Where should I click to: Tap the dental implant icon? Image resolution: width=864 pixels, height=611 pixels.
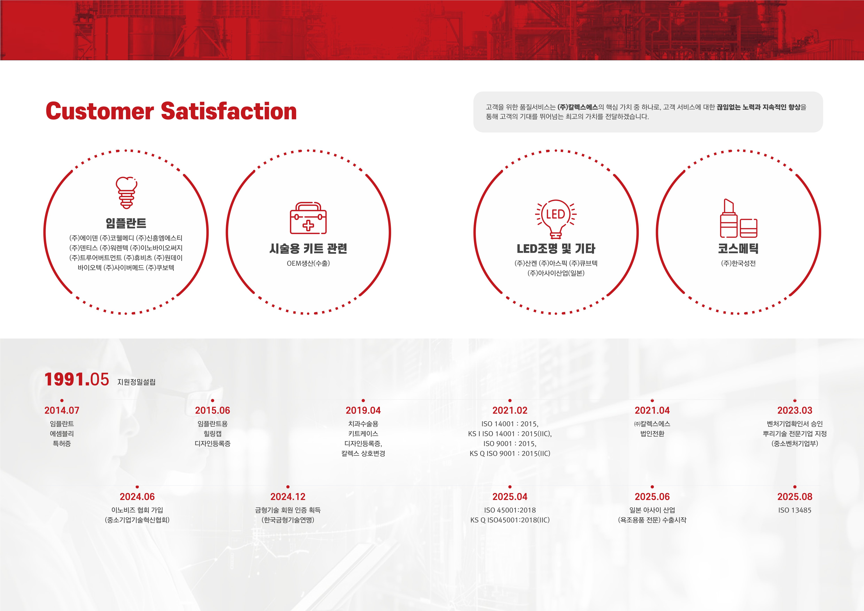[x=126, y=192]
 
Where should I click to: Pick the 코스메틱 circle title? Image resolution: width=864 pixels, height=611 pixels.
[x=738, y=248]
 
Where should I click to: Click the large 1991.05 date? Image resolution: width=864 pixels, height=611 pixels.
[x=77, y=379]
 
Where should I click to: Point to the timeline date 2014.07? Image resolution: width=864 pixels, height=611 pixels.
[x=62, y=410]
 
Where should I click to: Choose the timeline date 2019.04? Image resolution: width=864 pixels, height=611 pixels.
[x=363, y=410]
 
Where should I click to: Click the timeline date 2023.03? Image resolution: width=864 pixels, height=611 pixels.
[x=795, y=410]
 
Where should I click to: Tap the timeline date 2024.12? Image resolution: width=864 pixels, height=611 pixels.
[x=288, y=497]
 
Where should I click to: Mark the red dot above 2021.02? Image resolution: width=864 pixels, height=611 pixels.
[x=510, y=401]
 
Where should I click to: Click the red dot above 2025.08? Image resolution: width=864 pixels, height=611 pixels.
[x=795, y=487]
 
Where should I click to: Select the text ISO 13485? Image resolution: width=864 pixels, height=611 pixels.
[x=795, y=510]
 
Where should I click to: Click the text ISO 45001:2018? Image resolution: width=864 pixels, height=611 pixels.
[x=510, y=510]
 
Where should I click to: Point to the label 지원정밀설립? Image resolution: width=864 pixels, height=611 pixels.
[x=136, y=382]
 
